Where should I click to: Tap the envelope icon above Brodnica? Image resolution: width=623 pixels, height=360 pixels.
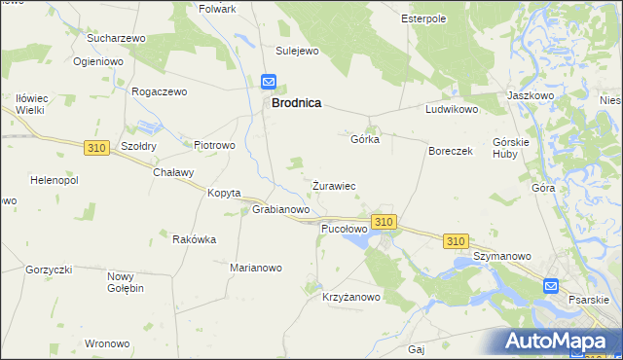coord(269,84)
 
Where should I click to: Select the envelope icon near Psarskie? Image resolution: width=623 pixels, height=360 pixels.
coord(551,286)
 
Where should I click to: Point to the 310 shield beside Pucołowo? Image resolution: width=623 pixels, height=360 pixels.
coord(384,223)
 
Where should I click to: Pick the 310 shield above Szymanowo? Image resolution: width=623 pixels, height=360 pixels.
coord(455,240)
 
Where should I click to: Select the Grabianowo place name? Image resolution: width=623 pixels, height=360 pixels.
coord(281,209)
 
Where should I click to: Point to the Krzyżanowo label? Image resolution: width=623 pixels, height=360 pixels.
coord(351,298)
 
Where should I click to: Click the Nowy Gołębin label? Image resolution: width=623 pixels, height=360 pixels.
coord(126,282)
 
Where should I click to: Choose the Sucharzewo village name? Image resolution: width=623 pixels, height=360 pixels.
coord(116,38)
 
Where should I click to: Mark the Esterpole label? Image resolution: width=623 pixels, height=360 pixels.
coord(423,18)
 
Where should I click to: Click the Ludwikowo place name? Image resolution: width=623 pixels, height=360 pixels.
coord(452,110)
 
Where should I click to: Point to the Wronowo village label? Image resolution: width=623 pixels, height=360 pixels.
coord(107,343)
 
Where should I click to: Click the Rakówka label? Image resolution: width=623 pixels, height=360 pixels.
coord(194,239)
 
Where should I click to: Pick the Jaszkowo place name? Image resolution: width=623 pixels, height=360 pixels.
coord(531,96)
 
